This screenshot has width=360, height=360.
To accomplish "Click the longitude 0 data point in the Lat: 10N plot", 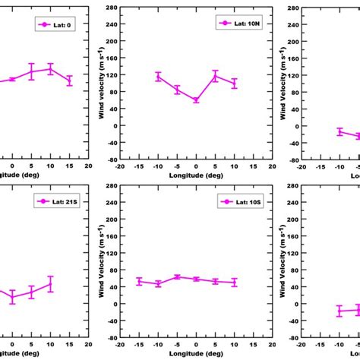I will coord(196,100).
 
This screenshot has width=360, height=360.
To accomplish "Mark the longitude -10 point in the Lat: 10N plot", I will coord(158,76).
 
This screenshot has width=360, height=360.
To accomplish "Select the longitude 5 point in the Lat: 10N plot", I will coord(215,77).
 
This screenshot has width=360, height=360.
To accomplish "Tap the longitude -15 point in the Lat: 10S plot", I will coord(139,281).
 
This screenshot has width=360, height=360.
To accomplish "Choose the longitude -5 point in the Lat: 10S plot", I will coord(177,277).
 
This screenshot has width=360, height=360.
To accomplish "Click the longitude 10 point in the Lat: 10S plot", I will coord(234,283).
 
